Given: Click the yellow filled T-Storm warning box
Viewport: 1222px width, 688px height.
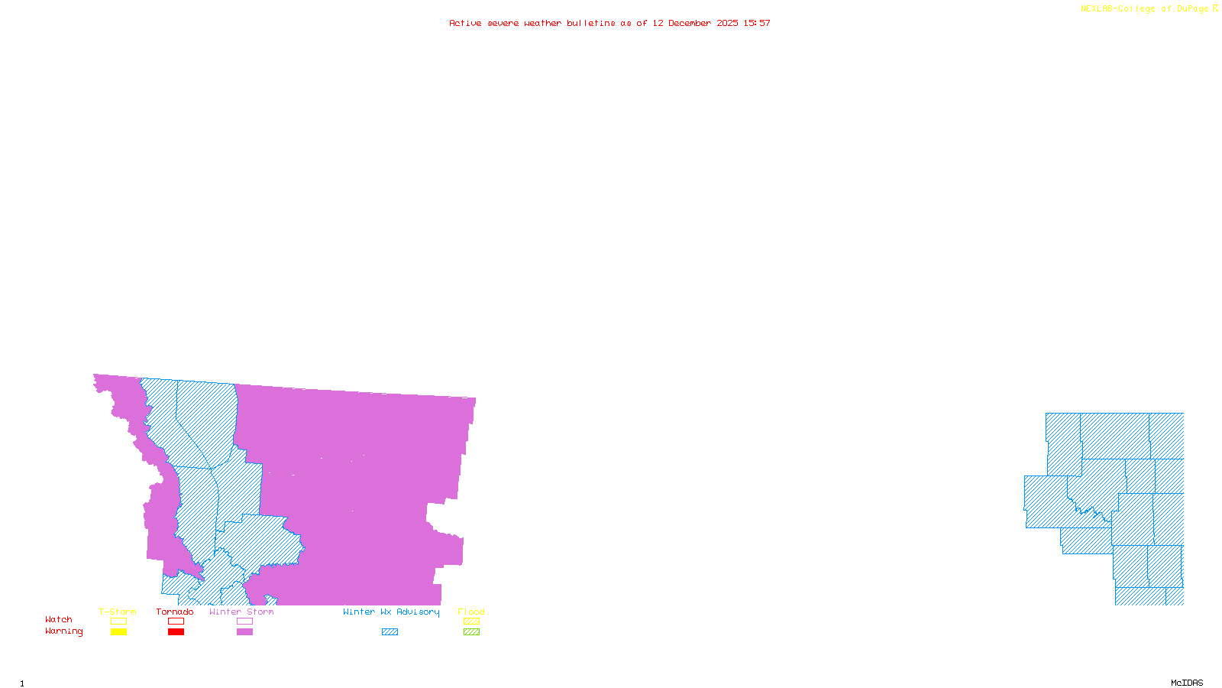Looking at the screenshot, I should pyautogui.click(x=118, y=632).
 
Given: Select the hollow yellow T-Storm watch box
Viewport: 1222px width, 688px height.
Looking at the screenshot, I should pyautogui.click(x=118, y=621).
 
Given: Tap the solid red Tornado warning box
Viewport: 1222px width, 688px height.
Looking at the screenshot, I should pyautogui.click(x=176, y=632).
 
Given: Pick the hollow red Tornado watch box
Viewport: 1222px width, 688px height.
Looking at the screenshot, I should pyautogui.click(x=176, y=621).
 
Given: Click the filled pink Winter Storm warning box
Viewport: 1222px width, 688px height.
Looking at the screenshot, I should pyautogui.click(x=244, y=632).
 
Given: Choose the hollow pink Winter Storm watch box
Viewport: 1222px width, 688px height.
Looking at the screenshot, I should pyautogui.click(x=244, y=621).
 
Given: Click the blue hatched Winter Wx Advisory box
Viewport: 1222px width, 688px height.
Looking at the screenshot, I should pyautogui.click(x=390, y=632).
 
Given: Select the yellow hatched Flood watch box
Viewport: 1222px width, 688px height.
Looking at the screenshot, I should pyautogui.click(x=471, y=621).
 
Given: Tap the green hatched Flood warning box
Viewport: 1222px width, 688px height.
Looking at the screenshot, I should pyautogui.click(x=471, y=632).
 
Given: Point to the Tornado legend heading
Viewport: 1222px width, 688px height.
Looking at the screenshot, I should pyautogui.click(x=175, y=612).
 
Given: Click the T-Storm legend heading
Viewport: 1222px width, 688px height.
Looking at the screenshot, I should pyautogui.click(x=118, y=612).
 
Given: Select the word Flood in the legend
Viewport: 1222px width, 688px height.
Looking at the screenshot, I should pyautogui.click(x=471, y=612).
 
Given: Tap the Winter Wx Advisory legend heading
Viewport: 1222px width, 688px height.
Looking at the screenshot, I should pyautogui.click(x=391, y=612).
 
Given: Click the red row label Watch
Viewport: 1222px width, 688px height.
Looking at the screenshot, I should pyautogui.click(x=59, y=620).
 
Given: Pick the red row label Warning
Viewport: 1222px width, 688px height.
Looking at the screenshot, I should pyautogui.click(x=64, y=631).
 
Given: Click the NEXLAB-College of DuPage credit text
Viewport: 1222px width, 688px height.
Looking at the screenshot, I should pyautogui.click(x=1145, y=9).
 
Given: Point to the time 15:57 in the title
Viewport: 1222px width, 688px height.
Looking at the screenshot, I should pyautogui.click(x=757, y=24).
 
